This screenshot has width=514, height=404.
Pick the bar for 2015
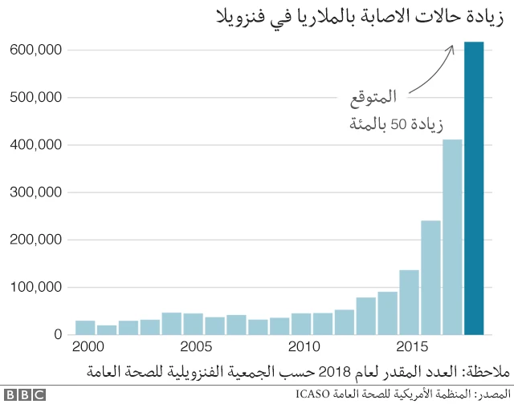coord(410,302)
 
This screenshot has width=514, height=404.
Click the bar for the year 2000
coord(85,327)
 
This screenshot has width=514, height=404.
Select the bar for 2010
coord(301,324)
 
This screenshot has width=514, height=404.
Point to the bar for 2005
coord(193,324)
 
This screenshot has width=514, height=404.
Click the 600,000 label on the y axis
coord(36,50)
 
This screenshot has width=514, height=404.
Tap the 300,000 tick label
coord(36,192)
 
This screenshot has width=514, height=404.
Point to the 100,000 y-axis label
coord(36,287)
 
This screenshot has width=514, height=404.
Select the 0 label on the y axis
coord(58,334)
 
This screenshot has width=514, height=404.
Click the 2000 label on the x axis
coord(87,347)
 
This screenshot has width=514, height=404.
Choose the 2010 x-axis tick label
coord(303,347)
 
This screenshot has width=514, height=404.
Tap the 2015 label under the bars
coord(411,347)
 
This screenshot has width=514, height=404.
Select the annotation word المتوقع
coord(373,99)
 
